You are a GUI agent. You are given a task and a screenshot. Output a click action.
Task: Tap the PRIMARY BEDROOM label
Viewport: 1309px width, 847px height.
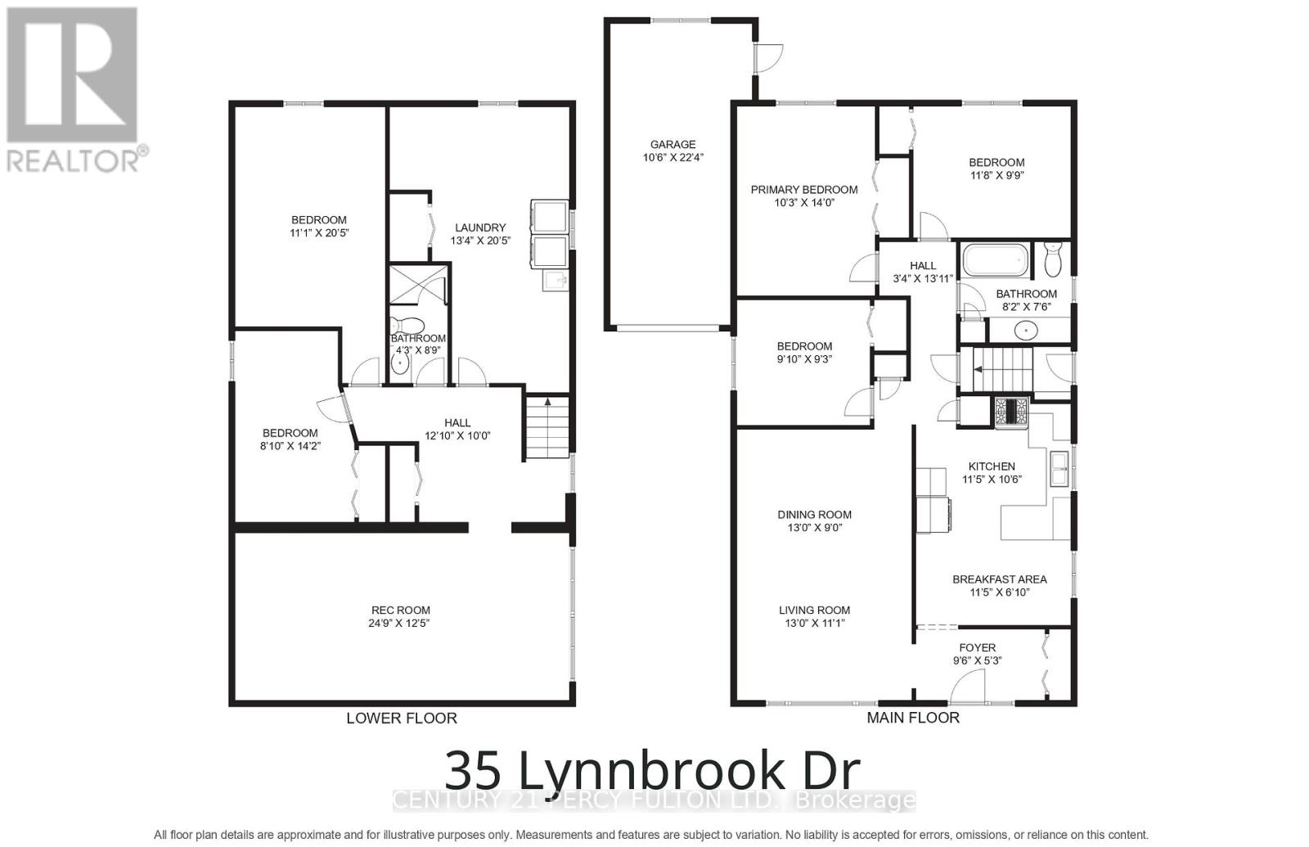[803, 189]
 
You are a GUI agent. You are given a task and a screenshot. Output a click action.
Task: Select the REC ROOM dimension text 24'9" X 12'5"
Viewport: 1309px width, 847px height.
[399, 623]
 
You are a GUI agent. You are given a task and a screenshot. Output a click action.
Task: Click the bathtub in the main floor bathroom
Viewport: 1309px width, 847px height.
[994, 260]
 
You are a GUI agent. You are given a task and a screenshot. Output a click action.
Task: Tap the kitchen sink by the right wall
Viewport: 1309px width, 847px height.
[1059, 469]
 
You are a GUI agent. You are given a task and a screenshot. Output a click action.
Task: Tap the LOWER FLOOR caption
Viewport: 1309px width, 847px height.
[401, 718]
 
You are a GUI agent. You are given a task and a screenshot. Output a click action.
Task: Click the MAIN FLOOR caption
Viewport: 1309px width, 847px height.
[913, 717]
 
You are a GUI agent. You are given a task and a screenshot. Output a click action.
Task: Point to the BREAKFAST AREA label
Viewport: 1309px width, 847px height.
[999, 579]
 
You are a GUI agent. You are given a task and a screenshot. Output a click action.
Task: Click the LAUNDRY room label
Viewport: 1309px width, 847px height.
[480, 228]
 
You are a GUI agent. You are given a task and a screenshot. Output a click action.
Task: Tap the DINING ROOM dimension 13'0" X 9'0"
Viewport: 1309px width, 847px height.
[814, 528]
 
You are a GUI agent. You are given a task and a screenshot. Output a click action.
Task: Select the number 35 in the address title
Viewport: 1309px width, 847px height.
[472, 770]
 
